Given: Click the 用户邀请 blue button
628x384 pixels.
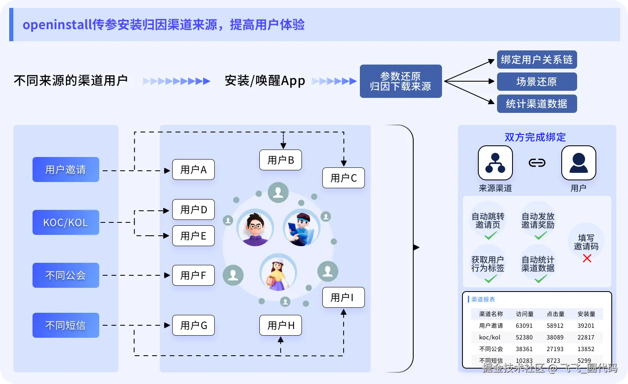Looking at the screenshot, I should [65, 170].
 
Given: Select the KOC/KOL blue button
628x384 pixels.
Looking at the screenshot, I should [65, 222].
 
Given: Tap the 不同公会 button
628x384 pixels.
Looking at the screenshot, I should [65, 275].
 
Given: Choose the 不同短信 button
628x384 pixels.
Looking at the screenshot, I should [65, 325].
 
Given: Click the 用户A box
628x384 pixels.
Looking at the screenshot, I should [193, 170].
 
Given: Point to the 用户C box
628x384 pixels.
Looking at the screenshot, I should [343, 178].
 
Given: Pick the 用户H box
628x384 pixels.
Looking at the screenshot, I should [281, 325].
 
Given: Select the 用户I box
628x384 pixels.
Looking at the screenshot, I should [343, 297].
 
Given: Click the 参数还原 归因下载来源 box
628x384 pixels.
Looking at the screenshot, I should [400, 81].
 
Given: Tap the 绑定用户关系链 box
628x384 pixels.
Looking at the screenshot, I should [537, 60].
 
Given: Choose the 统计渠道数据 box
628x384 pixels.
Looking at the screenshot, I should [537, 104].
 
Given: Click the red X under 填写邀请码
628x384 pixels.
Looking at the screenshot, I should [587, 259].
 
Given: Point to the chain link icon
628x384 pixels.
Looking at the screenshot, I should [537, 163].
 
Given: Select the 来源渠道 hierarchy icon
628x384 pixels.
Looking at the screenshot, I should [495, 163].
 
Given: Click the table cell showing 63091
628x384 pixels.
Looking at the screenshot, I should [524, 326].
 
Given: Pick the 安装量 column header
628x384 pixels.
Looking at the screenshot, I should [586, 314].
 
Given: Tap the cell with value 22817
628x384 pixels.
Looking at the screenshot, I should [586, 337].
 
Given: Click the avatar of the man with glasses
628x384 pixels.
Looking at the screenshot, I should [255, 228].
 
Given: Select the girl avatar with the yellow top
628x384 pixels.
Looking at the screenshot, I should [278, 273].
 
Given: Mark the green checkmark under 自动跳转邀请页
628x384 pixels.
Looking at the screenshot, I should [490, 236].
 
